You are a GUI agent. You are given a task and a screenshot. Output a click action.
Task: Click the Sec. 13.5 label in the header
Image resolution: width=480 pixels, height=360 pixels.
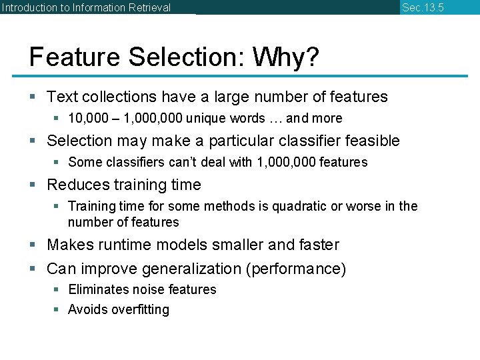pos(423,8)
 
